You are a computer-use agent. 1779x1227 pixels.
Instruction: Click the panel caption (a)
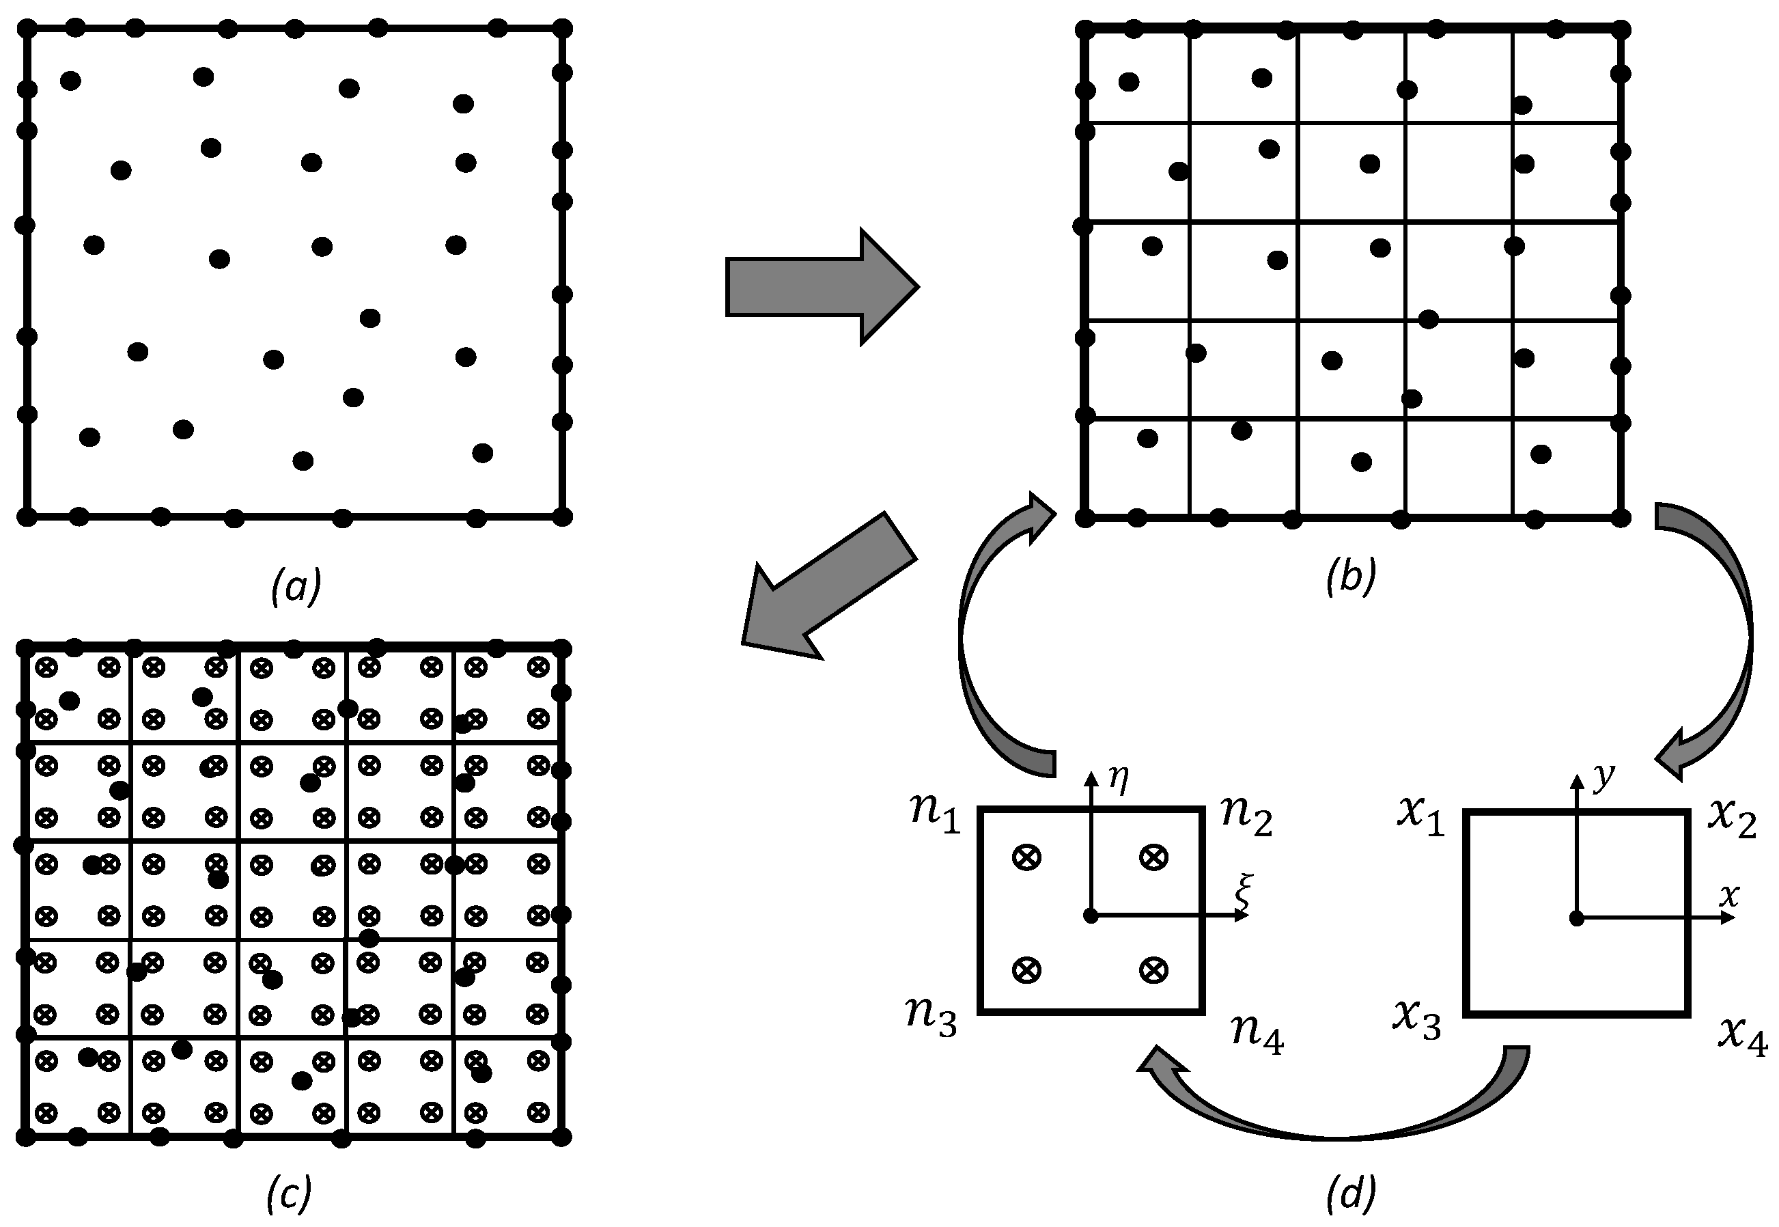(296, 588)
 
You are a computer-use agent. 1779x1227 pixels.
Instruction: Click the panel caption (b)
(1350, 577)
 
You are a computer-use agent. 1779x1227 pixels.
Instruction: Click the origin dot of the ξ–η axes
(1090, 915)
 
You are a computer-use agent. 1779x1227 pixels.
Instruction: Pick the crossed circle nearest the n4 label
(1152, 970)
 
